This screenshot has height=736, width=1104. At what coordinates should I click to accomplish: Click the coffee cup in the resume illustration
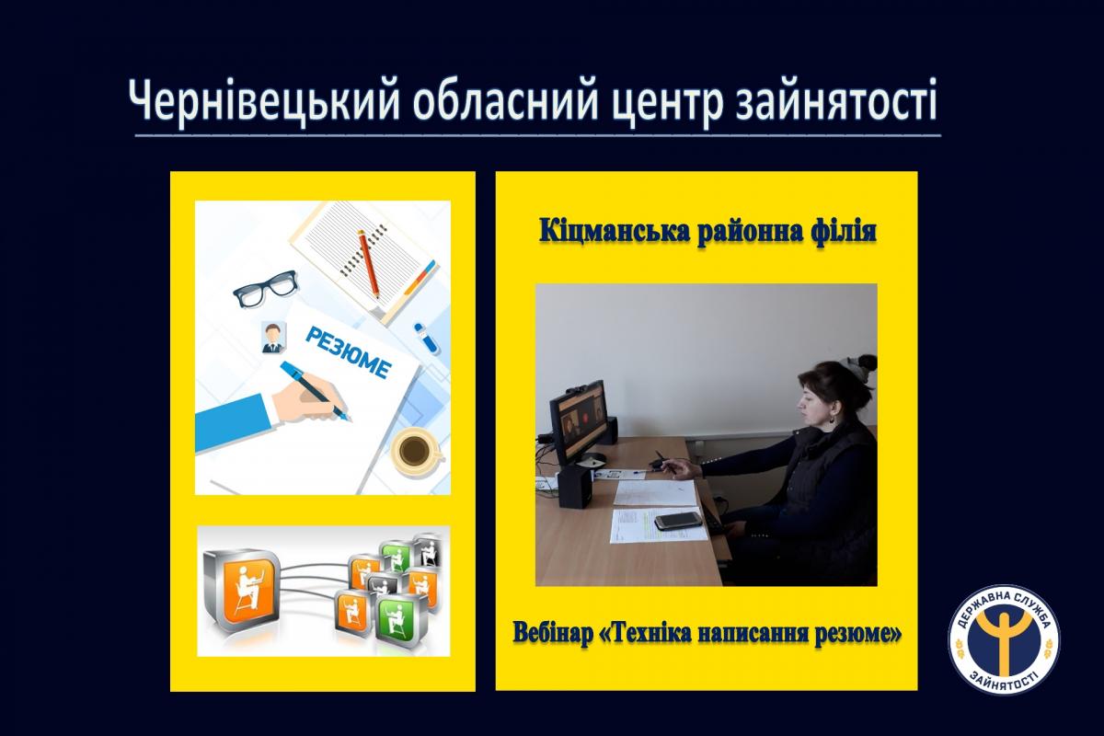[417, 451]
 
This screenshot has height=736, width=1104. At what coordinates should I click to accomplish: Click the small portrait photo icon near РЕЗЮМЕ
[272, 337]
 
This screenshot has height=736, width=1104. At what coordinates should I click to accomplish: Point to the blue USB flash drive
[426, 338]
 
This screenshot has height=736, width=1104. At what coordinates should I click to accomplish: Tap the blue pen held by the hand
[315, 391]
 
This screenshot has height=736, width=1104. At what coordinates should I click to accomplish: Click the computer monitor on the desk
[578, 424]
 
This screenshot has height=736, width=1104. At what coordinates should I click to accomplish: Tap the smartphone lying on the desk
[678, 521]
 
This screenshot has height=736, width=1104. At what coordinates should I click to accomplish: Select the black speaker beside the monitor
[575, 487]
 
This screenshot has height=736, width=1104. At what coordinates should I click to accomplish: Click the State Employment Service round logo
[1004, 640]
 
